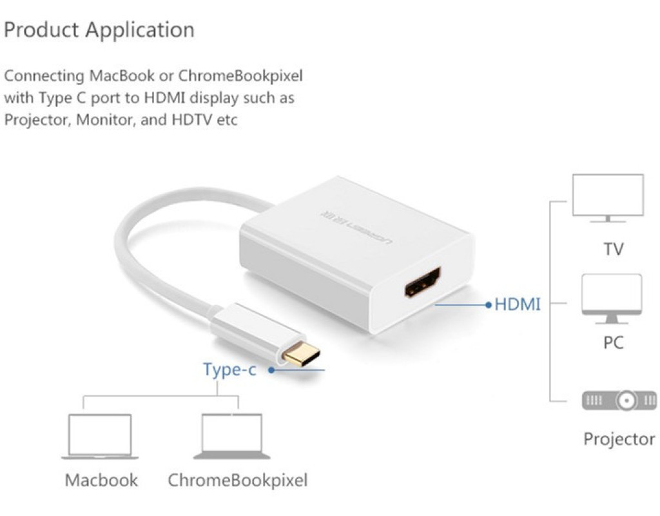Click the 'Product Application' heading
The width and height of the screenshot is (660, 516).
(99, 30)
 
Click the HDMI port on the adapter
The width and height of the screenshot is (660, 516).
(423, 282)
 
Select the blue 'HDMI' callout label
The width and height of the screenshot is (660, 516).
(517, 304)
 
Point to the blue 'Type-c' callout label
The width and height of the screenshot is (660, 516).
(229, 370)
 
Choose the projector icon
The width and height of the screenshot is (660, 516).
(619, 401)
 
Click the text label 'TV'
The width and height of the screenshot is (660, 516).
(614, 249)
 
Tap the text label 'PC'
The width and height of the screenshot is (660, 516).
(613, 342)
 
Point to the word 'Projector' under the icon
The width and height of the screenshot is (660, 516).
(619, 439)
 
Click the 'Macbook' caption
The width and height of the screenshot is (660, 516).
(101, 481)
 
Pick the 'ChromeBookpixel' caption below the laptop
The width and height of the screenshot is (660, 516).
(237, 481)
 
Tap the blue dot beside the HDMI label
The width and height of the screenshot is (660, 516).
(488, 304)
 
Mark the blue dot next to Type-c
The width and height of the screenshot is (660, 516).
(272, 370)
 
